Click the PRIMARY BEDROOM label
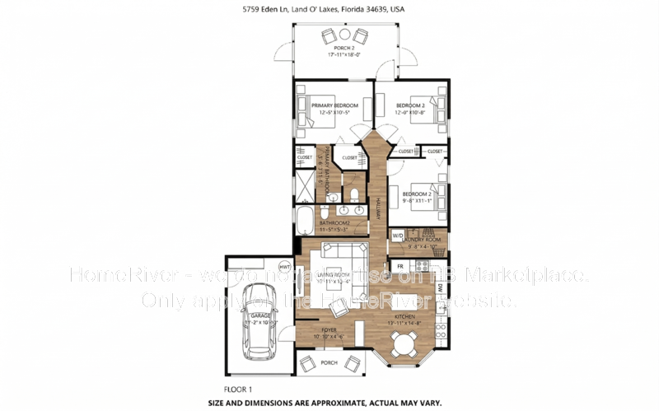(333, 105)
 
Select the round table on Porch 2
(344, 35)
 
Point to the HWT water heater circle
(286, 267)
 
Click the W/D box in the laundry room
(398, 236)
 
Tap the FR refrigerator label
(400, 267)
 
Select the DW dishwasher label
(441, 288)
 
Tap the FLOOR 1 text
(237, 388)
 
